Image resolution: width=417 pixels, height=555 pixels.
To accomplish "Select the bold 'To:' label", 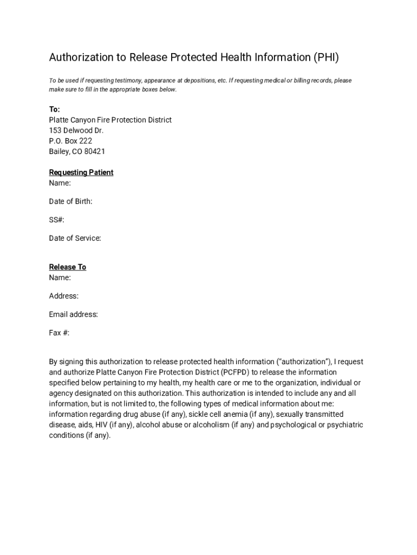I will [55, 109].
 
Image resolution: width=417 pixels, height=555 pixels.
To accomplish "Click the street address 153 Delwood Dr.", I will [76, 131].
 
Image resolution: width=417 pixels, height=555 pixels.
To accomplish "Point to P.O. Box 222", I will [71, 141].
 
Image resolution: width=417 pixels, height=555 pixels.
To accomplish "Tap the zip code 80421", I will [95, 152].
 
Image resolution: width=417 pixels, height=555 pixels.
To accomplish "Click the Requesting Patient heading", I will [81, 172].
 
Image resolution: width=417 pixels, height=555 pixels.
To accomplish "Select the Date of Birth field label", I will [70, 202].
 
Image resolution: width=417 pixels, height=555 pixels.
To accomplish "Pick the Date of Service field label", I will [75, 238].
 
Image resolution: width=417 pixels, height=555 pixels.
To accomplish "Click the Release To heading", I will [68, 267].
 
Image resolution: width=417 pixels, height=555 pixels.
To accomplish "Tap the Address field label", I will [64, 296].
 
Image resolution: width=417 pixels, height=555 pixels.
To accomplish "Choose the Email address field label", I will [73, 314].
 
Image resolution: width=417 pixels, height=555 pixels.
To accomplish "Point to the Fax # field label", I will [59, 333].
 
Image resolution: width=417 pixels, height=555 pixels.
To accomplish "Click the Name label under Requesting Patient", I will [60, 183].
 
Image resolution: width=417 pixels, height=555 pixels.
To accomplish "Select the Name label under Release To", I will [60, 277].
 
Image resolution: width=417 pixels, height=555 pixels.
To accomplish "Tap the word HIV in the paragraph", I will [102, 425].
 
